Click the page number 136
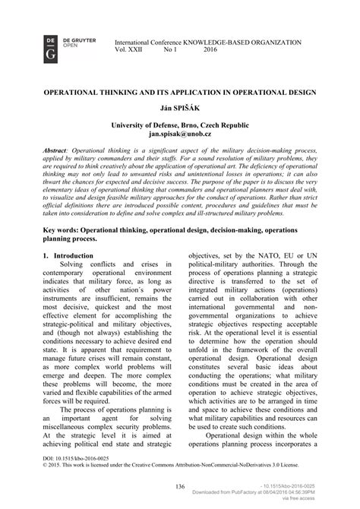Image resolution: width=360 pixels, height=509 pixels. [x=179, y=486]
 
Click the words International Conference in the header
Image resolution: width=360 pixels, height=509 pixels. [x=149, y=41]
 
